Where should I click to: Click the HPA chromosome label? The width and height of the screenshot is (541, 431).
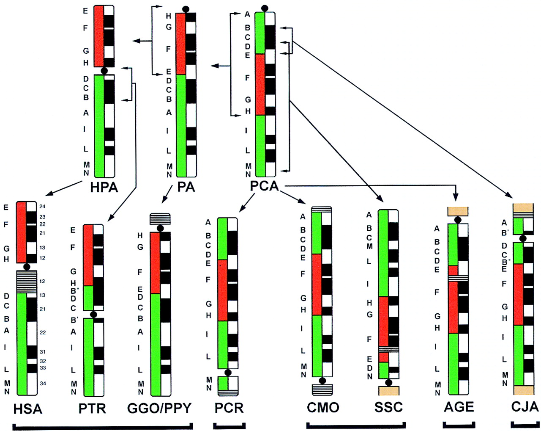click(104, 187)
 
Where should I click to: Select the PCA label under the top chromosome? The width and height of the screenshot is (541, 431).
click(265, 186)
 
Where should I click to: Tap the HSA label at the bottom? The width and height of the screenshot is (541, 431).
click(28, 409)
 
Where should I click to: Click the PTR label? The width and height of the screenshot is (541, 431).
click(92, 409)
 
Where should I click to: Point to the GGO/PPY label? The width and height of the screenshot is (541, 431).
click(159, 408)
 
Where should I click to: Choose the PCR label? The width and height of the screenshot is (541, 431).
click(229, 408)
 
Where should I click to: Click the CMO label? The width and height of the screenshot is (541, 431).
click(323, 408)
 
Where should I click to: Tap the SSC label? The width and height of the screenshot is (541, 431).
click(388, 407)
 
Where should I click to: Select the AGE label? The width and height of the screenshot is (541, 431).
click(459, 407)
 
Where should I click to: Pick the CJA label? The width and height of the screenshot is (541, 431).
click(525, 407)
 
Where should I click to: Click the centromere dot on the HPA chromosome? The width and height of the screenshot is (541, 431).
click(104, 71)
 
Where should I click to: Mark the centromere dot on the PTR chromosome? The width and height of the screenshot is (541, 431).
click(93, 314)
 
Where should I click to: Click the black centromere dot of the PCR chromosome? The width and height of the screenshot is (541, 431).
click(228, 373)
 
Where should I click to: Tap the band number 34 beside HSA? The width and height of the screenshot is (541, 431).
click(43, 384)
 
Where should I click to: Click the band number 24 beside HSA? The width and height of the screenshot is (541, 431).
click(42, 207)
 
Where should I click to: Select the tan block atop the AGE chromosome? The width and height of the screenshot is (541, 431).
click(458, 211)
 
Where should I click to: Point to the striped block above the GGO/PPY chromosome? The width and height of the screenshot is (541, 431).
click(160, 219)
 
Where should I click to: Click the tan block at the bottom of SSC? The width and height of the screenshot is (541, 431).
click(389, 390)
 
